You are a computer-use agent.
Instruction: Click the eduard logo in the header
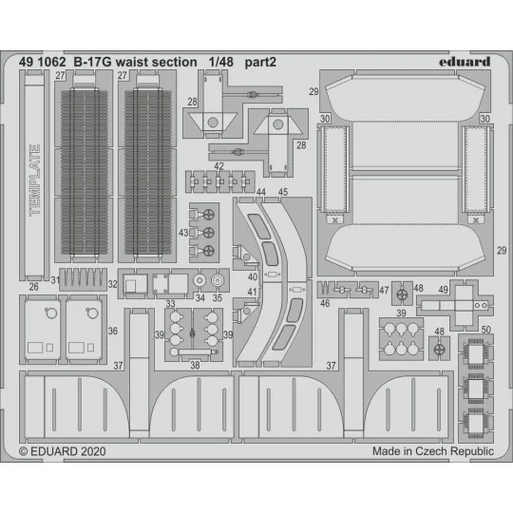pos(466,62)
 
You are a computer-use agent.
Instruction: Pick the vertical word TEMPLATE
pos(36,180)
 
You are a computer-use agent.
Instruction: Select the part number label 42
pos(219,166)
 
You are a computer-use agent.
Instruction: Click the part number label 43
pos(181,233)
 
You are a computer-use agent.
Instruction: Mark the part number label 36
pos(113,331)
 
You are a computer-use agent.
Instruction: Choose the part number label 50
pos(486,329)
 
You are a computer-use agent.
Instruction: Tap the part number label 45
pos(282,192)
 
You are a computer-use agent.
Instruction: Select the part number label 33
pos(170,305)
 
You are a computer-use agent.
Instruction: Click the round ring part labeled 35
pos(219,282)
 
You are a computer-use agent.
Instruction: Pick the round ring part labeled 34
pos(199,282)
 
